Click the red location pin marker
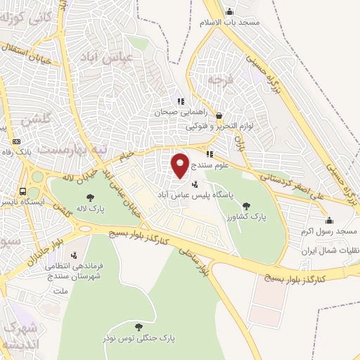(181, 165)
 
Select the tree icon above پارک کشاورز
(245, 206)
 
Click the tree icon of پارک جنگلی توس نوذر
(138, 326)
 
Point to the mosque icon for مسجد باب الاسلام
(229, 12)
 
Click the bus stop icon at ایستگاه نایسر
(23, 191)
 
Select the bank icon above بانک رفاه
(16, 140)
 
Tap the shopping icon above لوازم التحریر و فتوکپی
(219, 116)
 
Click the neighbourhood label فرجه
(219, 79)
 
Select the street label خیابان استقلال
(28, 51)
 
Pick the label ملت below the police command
(60, 289)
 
